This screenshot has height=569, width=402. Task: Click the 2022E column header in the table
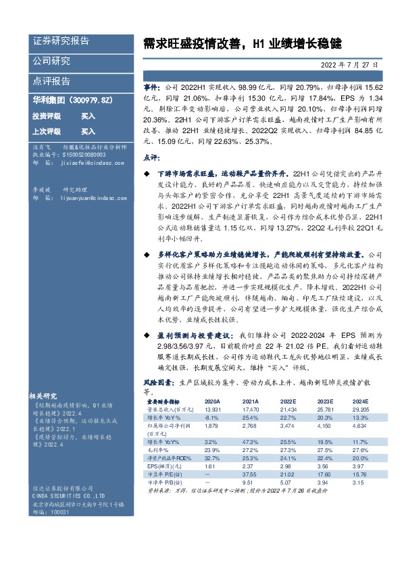click(286, 400)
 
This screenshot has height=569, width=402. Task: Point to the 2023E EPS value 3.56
click(322, 466)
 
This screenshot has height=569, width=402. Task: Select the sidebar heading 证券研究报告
click(61, 41)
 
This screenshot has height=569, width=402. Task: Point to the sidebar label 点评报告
click(51, 80)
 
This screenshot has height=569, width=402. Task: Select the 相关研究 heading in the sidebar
click(46, 394)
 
